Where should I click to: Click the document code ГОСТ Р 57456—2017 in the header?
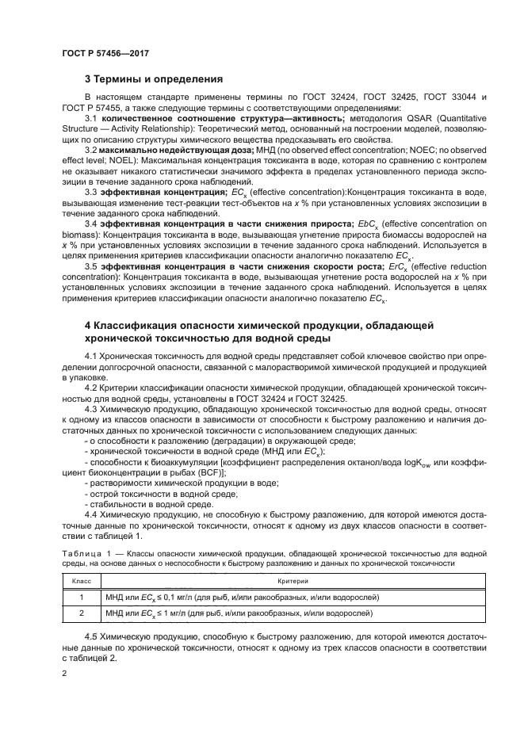pyautogui.click(x=105, y=52)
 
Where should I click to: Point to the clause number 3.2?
pyautogui.click(x=90, y=149)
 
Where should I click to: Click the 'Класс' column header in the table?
pyautogui.click(x=82, y=581)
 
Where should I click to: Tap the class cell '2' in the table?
pyautogui.click(x=82, y=613)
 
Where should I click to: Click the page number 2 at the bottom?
pyautogui.click(x=66, y=673)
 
